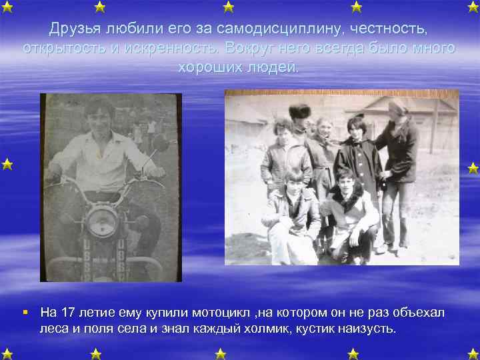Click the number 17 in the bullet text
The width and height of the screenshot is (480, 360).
click(x=68, y=313)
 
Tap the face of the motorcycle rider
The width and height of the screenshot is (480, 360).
click(x=98, y=116)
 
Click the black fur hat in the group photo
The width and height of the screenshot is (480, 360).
click(x=301, y=111)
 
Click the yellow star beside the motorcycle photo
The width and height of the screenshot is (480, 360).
click(x=7, y=163)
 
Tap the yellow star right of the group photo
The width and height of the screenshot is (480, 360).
click(x=473, y=167)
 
